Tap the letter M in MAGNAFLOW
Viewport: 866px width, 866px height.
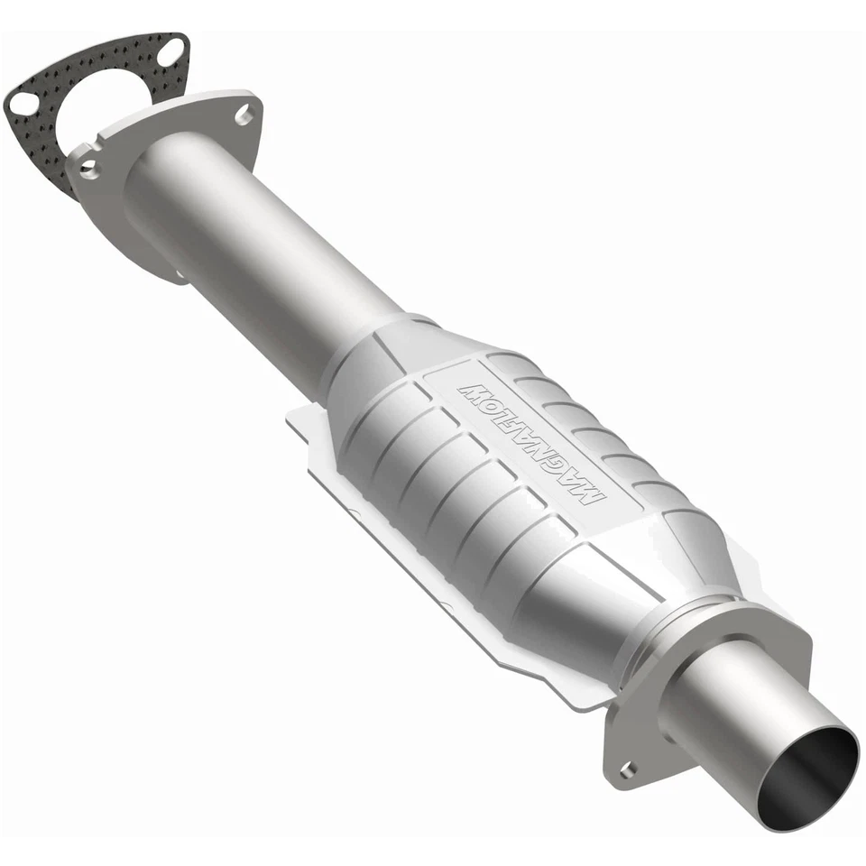587,495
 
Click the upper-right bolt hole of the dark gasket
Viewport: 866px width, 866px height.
169,53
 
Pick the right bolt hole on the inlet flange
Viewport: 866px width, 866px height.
243,115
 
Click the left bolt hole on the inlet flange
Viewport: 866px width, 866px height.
88,168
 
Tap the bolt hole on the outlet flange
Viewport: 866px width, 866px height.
627,769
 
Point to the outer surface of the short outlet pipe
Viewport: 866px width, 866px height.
740,713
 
